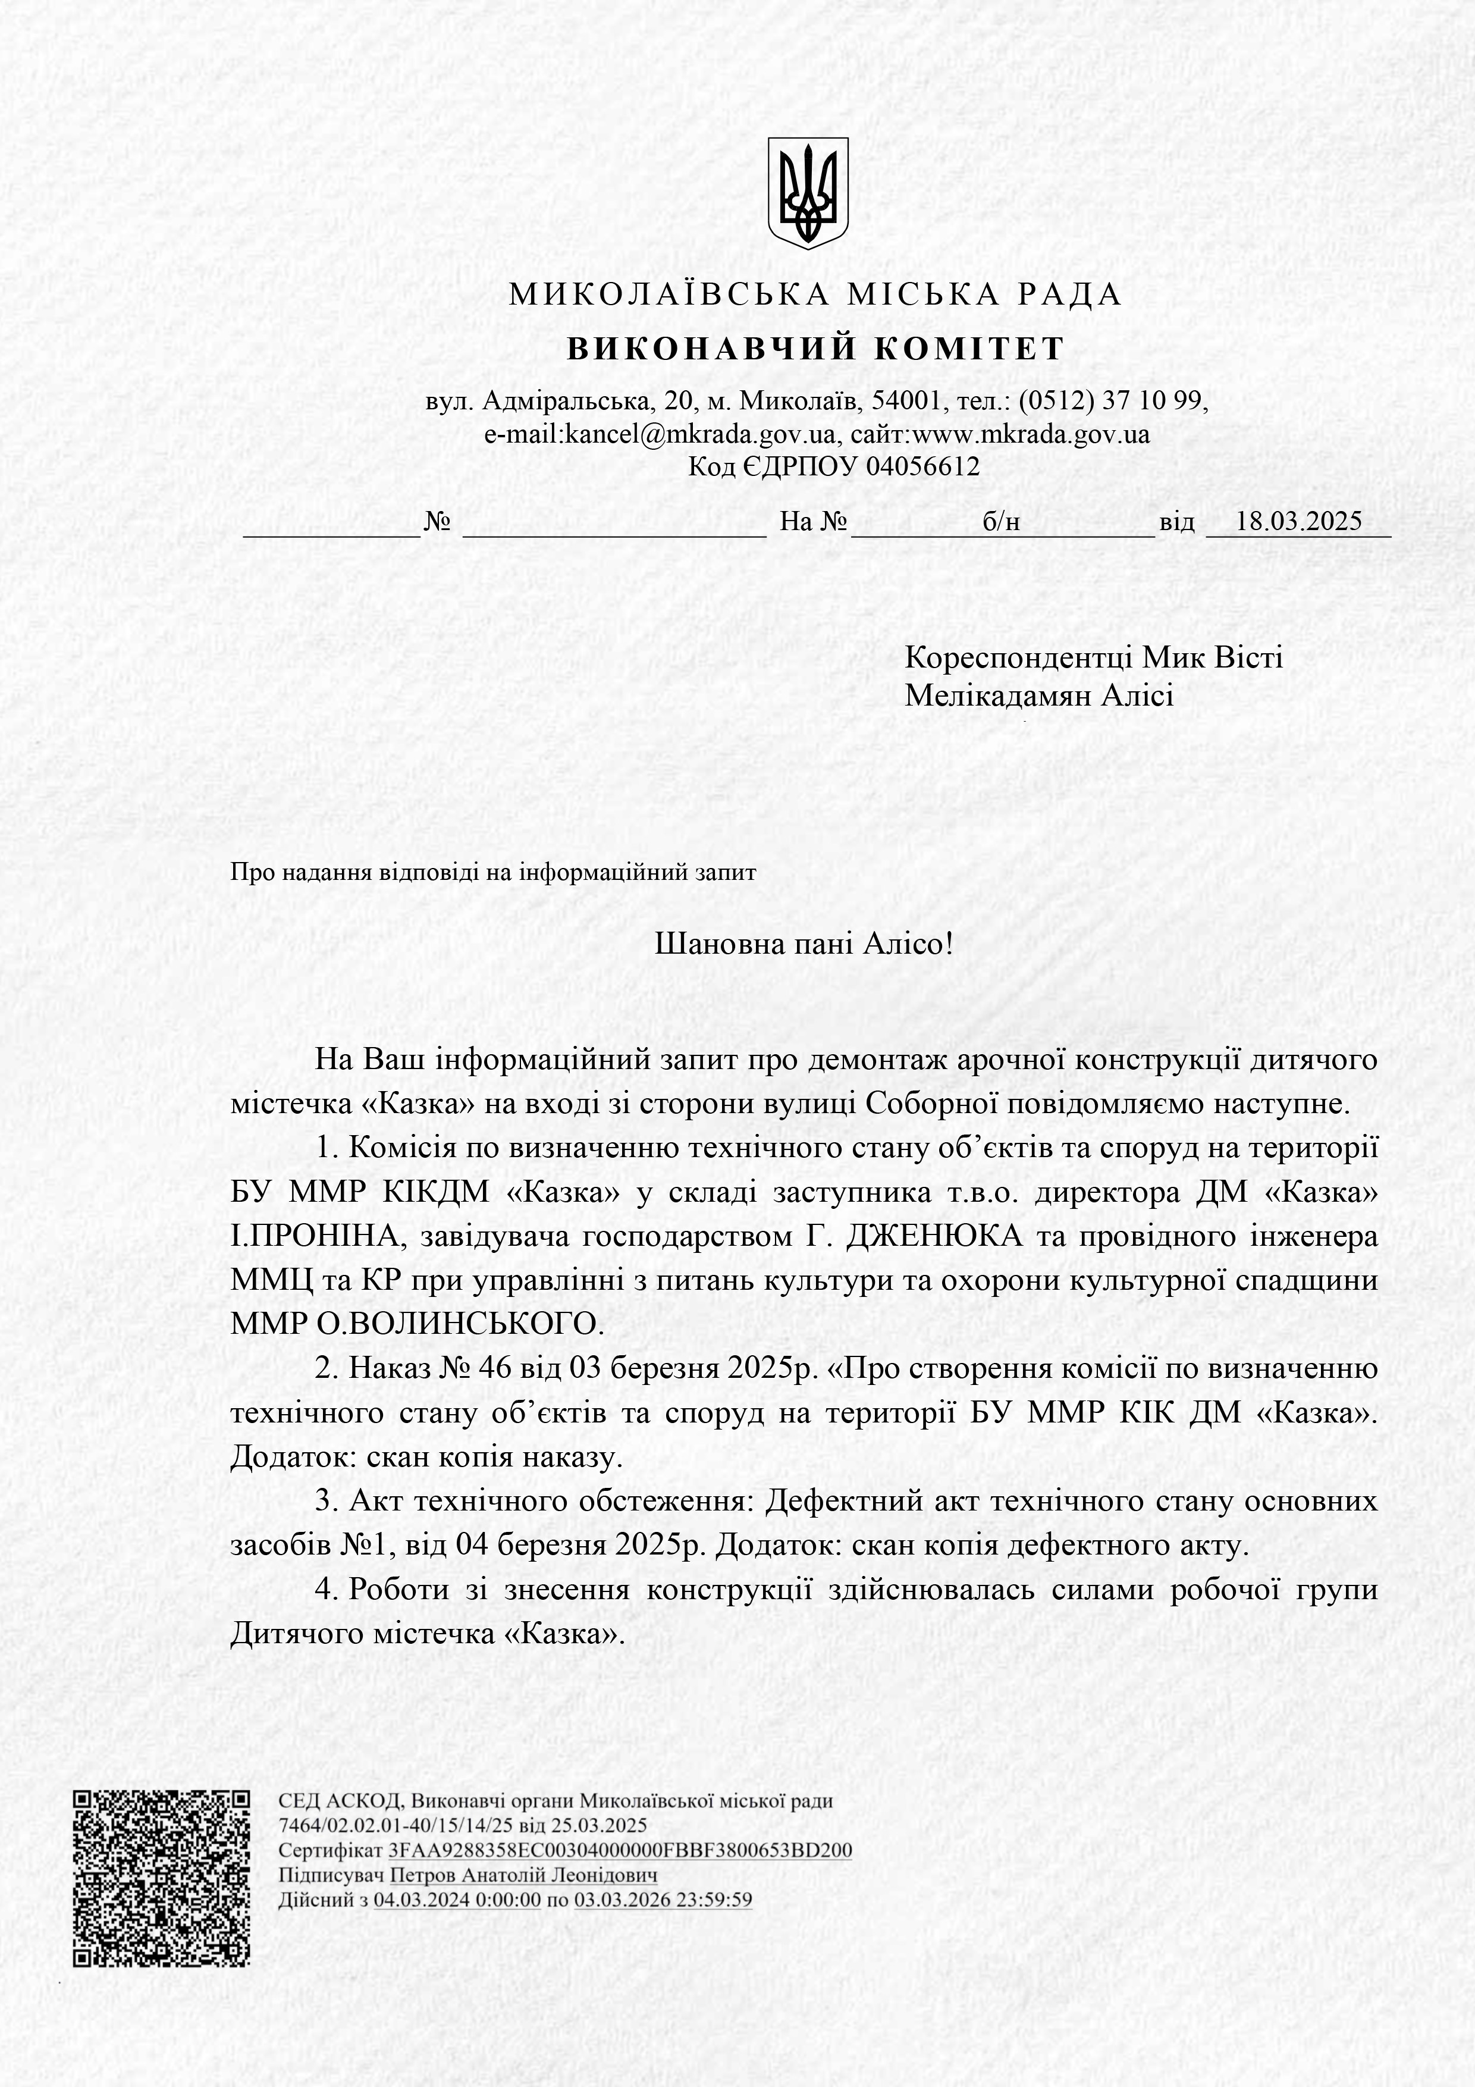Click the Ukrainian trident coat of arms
[x=808, y=193]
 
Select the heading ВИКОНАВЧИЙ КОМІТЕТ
[x=815, y=349]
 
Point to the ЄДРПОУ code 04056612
[x=922, y=466]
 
